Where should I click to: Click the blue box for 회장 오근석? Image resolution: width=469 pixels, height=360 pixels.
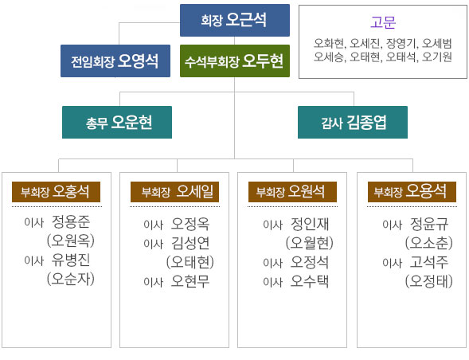tap(235, 21)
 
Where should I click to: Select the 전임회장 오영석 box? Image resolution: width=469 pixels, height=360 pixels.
tap(115, 61)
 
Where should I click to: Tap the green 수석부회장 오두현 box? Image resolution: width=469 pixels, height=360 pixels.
tap(235, 61)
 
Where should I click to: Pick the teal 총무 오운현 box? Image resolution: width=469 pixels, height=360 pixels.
tap(117, 122)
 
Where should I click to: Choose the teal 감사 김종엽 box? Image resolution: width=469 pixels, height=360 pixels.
tap(353, 122)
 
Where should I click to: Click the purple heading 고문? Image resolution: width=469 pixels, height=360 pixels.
tap(383, 22)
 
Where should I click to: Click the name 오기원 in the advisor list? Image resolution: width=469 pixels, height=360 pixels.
tap(436, 57)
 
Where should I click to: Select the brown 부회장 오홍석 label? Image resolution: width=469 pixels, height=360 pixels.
tap(56, 192)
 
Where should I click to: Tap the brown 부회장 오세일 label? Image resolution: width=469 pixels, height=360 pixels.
tap(174, 192)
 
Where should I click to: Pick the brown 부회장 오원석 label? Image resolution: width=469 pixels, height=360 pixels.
tap(292, 192)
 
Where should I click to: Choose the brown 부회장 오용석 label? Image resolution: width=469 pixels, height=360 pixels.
tap(412, 192)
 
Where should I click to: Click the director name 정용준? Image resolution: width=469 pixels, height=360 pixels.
tap(71, 221)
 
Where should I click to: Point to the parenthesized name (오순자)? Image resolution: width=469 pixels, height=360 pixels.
tap(71, 279)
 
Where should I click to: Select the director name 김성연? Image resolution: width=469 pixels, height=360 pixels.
tap(190, 243)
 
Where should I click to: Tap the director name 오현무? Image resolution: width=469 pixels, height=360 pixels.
tap(190, 281)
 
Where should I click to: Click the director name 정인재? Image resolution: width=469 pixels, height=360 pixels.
tap(310, 224)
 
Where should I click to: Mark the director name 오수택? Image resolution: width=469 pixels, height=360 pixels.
tap(310, 281)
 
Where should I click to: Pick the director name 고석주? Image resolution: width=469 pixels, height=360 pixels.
tap(429, 263)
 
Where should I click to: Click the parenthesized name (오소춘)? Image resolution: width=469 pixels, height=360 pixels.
tap(429, 243)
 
